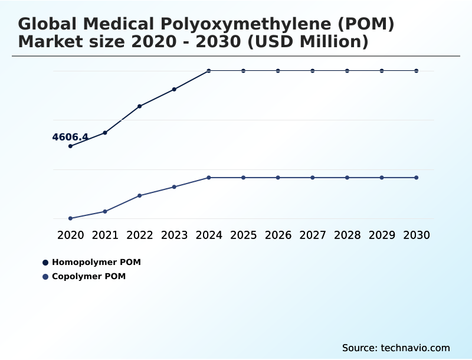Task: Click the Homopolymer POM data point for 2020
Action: point(71,146)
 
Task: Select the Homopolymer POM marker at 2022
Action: point(140,106)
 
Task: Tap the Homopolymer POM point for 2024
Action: point(209,71)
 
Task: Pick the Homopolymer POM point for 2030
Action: point(417,71)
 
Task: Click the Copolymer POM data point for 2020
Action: point(71,218)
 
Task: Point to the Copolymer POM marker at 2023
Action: point(175,186)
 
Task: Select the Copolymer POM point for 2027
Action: point(313,178)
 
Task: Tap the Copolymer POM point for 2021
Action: point(105,211)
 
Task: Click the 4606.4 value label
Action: point(70,137)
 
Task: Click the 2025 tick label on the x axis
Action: point(243,235)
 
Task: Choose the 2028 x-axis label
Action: point(347,235)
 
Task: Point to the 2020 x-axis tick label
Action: point(71,235)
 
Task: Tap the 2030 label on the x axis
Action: point(417,235)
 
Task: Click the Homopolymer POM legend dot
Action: point(45,262)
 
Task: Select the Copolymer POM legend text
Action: point(88,276)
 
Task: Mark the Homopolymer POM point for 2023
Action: point(175,89)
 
